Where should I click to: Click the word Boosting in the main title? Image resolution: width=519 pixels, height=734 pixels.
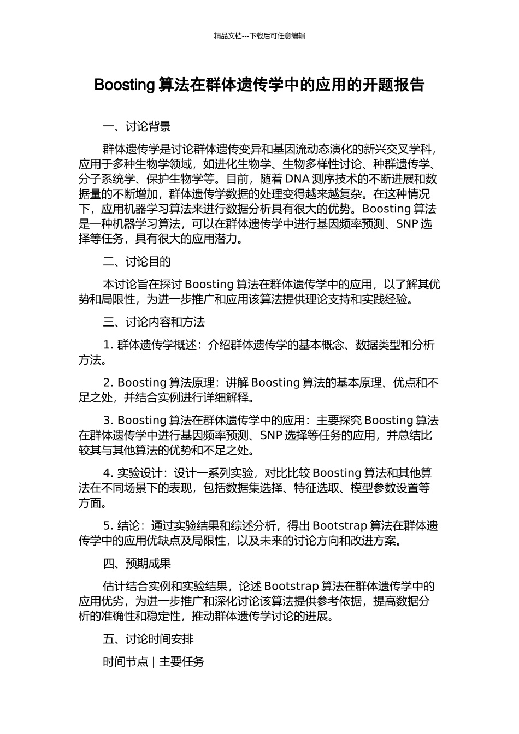125,85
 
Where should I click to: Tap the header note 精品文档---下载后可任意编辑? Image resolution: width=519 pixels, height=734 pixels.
259,36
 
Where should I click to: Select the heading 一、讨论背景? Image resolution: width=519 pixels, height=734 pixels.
137,127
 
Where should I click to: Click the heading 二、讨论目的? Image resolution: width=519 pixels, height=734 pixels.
137,262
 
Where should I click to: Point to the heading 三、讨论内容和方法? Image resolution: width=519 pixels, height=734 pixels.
154,322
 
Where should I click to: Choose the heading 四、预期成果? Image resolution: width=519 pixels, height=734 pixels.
137,564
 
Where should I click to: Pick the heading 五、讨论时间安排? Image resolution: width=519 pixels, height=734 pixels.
148,639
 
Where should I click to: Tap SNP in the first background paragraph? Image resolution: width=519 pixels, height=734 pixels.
407,224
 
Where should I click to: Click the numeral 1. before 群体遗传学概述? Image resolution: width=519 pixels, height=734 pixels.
108,345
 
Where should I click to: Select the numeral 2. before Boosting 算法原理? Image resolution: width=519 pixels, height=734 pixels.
108,383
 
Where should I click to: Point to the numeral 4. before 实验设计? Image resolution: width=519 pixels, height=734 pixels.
108,473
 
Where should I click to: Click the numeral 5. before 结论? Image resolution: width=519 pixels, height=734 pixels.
108,526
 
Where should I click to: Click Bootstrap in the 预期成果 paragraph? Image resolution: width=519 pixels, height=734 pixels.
291,587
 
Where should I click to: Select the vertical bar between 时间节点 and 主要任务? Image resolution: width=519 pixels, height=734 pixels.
154,662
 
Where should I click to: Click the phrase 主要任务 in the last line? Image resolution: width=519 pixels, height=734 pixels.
181,662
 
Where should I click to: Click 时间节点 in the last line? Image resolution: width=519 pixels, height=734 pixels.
125,662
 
